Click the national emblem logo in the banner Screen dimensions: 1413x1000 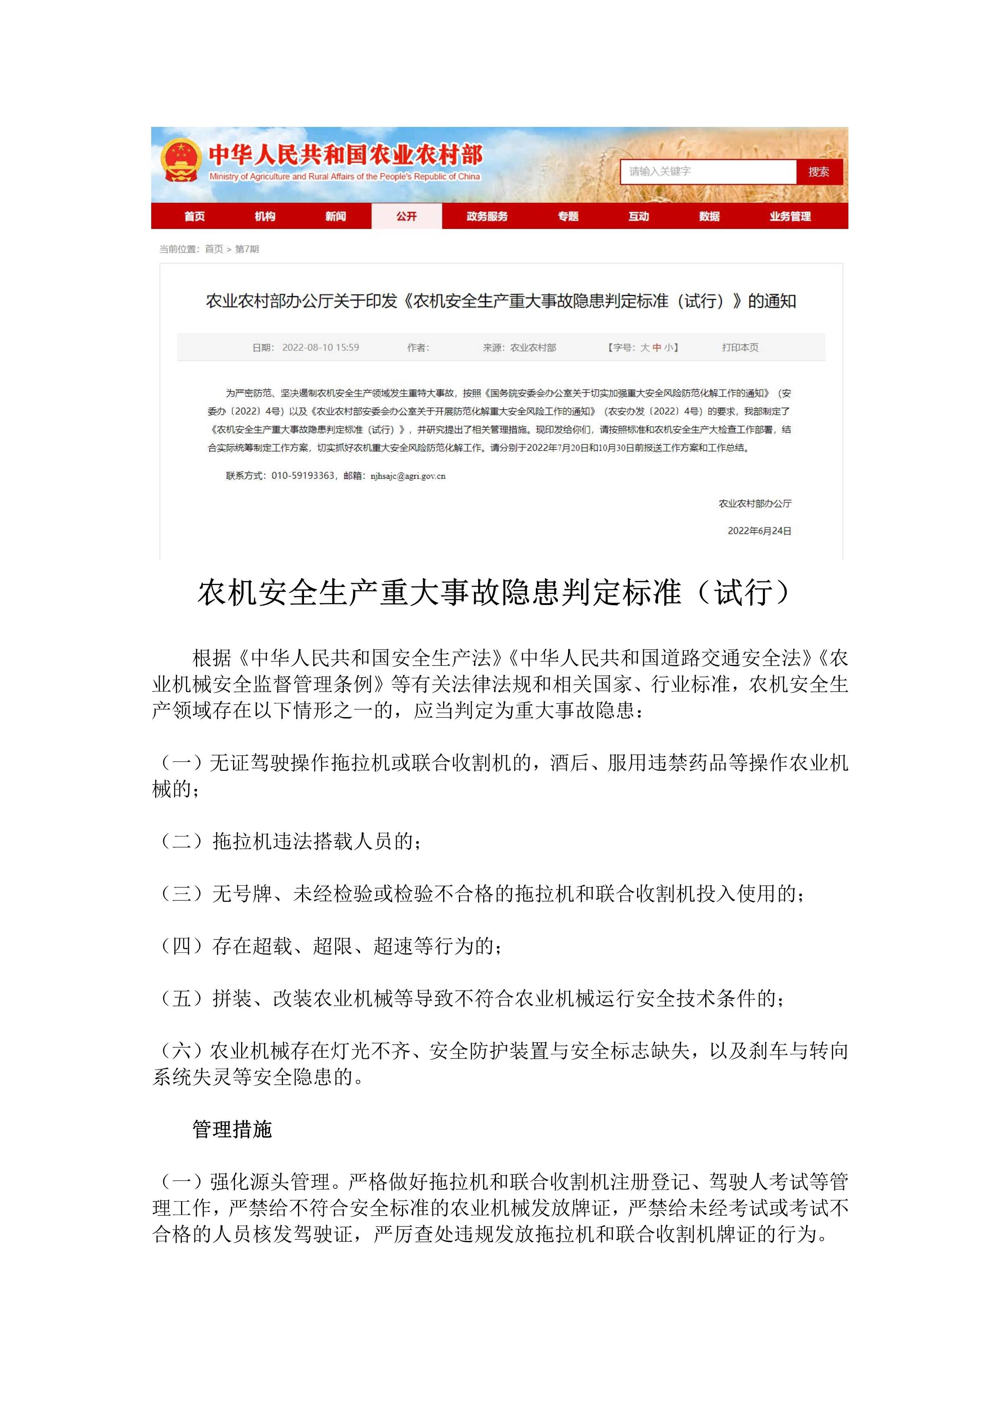180,161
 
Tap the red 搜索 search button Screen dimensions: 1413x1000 819,172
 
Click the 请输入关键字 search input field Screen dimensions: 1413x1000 708,172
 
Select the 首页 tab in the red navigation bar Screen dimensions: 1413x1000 195,216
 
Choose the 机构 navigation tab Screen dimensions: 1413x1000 265,216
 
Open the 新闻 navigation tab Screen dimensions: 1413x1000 335,216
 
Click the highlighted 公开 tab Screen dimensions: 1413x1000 406,216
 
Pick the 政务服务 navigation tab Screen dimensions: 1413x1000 487,216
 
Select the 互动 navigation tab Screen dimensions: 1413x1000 639,216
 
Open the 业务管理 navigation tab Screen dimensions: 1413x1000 790,216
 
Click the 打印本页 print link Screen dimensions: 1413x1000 740,348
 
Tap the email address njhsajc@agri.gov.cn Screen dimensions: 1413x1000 408,476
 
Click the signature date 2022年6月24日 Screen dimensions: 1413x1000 759,531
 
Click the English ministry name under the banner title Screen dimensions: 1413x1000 344,176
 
